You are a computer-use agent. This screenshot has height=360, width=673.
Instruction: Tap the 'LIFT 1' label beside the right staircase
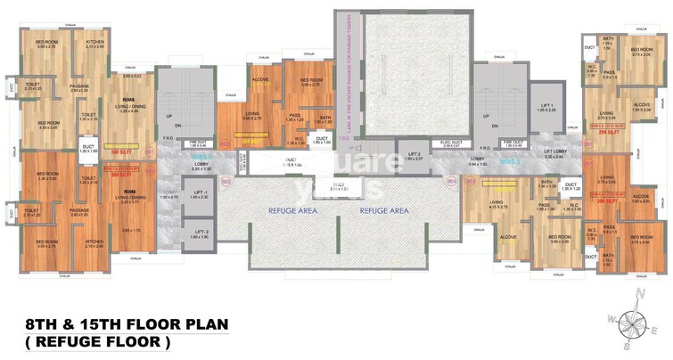546,105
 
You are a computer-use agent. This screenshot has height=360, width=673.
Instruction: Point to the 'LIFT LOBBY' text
554,152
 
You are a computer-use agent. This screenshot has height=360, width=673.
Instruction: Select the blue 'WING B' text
508,161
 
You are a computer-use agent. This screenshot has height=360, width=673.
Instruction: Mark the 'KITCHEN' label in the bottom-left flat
94,242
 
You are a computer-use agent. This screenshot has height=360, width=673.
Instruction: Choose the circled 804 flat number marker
448,182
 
